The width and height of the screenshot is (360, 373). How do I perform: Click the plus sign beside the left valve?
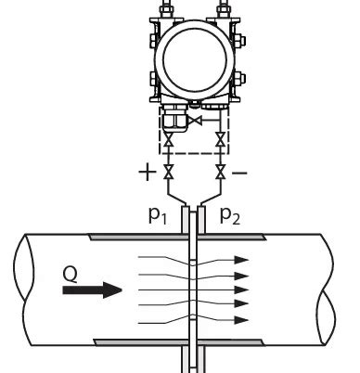coord(146,173)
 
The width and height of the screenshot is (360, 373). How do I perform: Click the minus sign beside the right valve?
coord(240,173)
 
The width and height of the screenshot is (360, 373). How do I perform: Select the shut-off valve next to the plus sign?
coord(169,173)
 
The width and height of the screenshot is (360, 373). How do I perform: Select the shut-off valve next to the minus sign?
coord(220,173)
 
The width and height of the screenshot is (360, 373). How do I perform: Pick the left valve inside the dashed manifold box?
coord(169,140)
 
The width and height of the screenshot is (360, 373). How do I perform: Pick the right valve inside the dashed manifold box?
coord(220,140)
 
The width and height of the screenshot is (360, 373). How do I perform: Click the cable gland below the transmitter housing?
coord(172,120)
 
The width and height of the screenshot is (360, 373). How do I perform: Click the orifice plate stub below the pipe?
coord(193,360)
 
